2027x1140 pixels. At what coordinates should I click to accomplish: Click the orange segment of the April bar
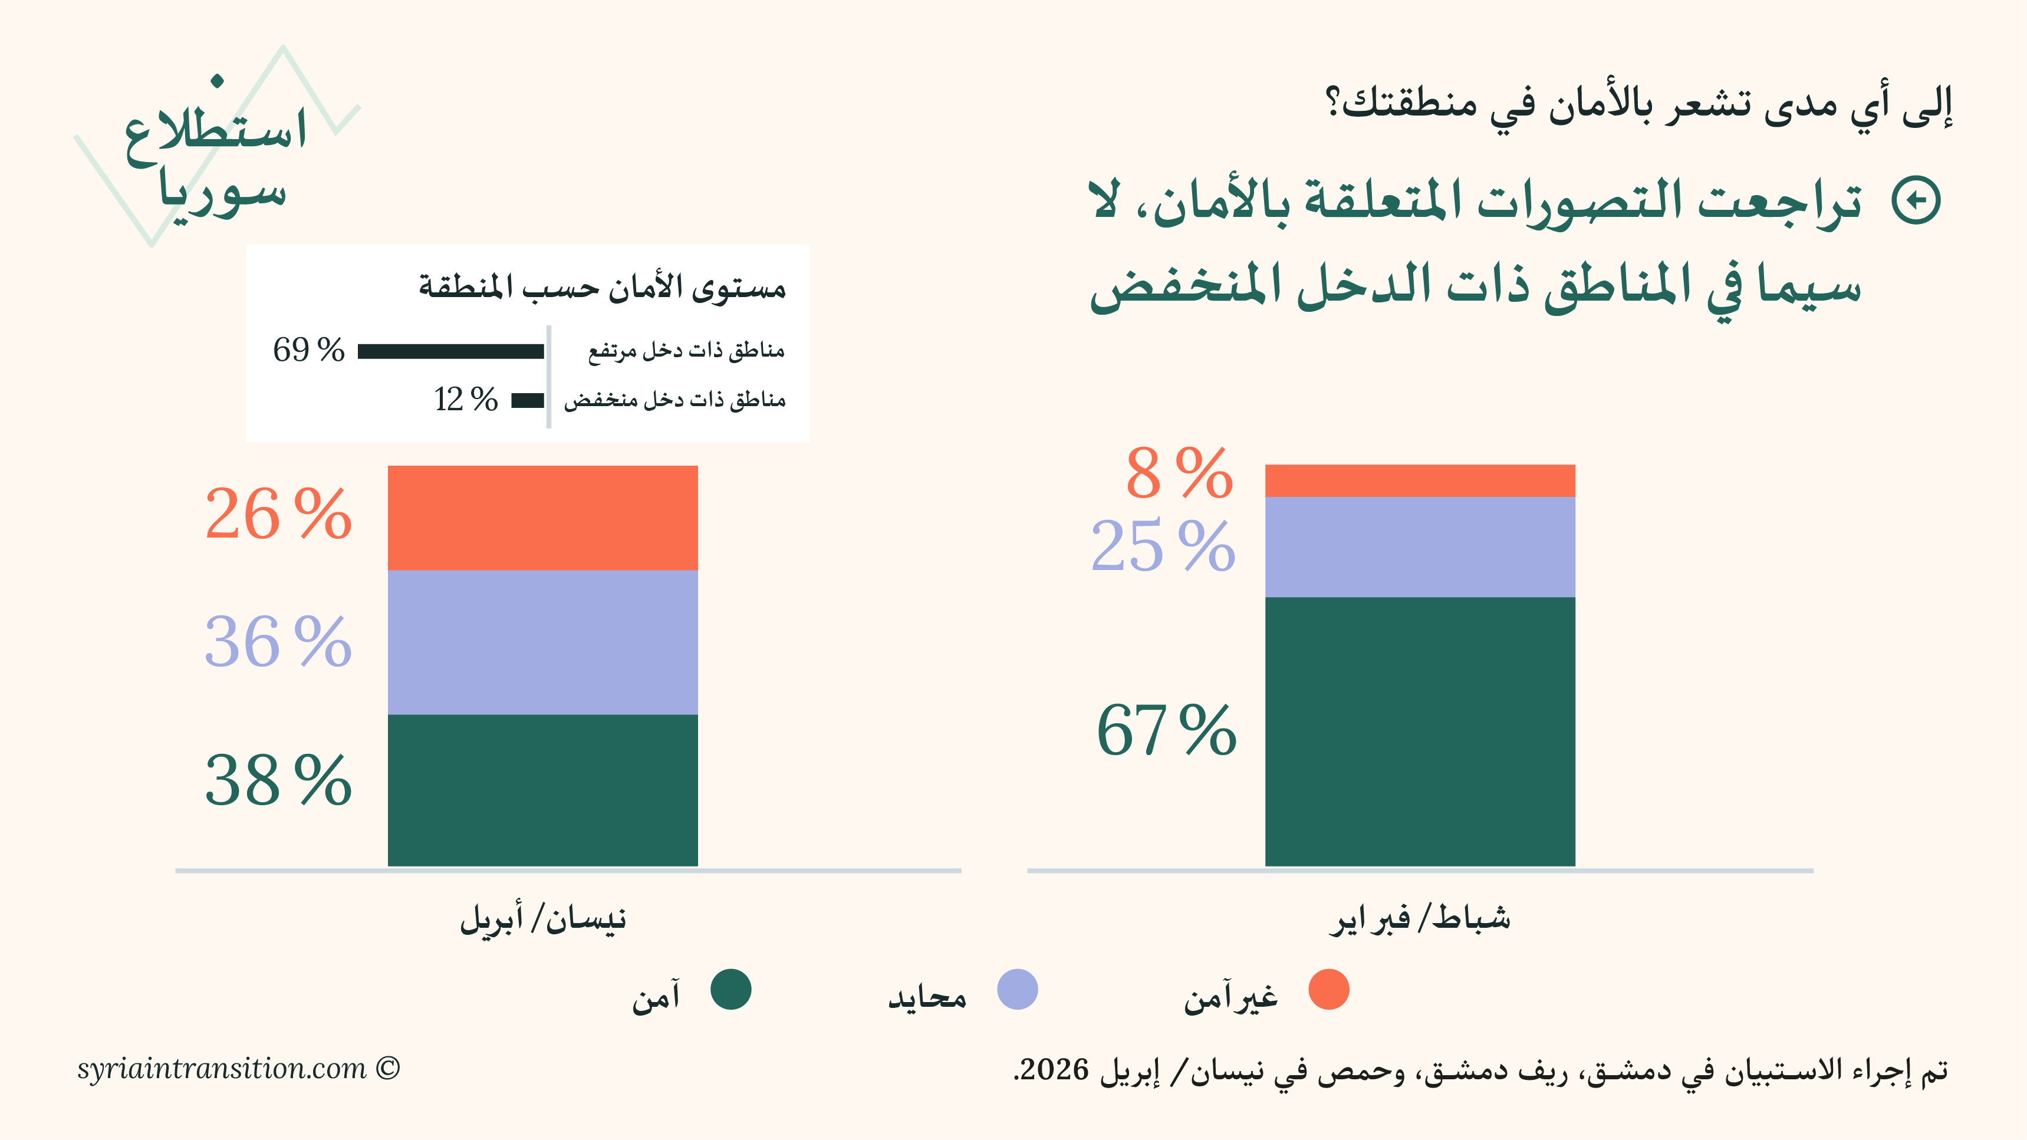(x=542, y=518)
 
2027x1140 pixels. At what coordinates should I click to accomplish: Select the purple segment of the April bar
(x=542, y=642)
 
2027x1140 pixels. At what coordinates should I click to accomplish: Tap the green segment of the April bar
(x=542, y=790)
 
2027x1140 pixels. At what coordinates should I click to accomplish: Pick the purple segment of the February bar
(x=1420, y=547)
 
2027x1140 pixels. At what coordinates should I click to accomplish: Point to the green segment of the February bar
(x=1420, y=732)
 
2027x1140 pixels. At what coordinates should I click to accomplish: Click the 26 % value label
(x=278, y=515)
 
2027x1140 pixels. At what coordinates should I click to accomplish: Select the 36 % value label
(x=278, y=642)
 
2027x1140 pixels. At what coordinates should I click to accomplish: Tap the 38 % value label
(x=278, y=780)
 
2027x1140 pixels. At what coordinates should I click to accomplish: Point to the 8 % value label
(x=1179, y=473)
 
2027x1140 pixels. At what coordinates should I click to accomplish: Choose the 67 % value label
(x=1166, y=731)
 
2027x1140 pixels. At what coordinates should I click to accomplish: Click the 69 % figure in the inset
(x=308, y=350)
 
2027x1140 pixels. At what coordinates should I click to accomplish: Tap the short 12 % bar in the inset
(x=527, y=400)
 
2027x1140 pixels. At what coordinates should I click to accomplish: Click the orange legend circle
(x=1328, y=989)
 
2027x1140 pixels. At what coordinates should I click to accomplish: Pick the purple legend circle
(x=1016, y=989)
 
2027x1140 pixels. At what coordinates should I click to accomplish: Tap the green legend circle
(x=730, y=989)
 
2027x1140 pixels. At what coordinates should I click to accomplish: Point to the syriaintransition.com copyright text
(x=238, y=1069)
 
